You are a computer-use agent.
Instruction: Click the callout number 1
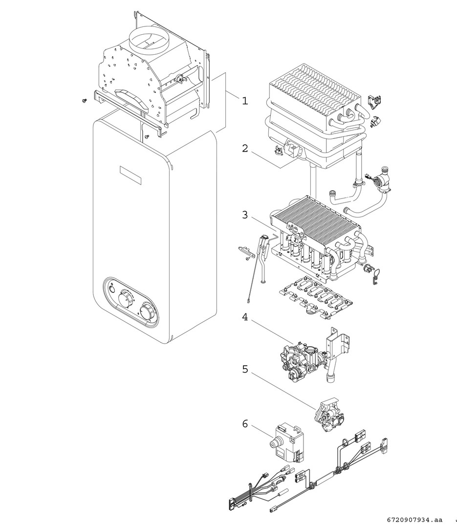coord(245,101)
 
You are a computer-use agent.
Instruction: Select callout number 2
coord(245,148)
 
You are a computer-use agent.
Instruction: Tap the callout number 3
coord(245,215)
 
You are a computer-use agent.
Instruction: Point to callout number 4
coord(245,317)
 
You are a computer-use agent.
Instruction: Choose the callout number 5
coord(245,369)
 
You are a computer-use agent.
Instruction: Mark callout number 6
coord(245,423)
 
